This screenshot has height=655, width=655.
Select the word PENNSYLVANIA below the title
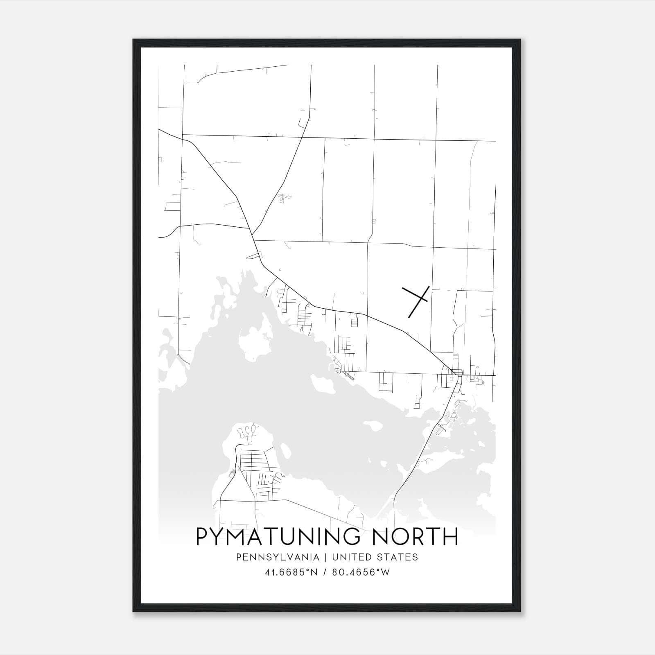coord(271,557)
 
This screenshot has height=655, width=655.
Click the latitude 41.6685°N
coord(291,572)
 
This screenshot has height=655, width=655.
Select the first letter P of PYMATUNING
coord(203,537)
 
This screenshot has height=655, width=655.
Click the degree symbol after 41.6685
coord(309,570)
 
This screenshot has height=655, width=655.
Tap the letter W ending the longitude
coord(386,572)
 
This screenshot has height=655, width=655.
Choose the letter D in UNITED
coord(369,557)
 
